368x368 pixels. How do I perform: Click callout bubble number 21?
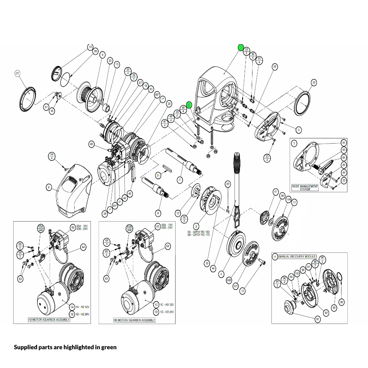point(17,74)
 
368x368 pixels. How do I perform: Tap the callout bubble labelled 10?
point(90,47)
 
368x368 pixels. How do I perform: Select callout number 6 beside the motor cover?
point(48,187)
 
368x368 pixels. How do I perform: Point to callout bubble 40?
point(92,144)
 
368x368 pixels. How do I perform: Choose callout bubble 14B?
point(229,280)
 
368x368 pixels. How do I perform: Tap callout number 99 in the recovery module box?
point(342,302)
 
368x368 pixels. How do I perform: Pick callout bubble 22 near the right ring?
point(314,82)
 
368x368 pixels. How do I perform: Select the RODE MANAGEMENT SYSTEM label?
point(305,187)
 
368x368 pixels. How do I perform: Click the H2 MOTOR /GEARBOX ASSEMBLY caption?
point(49,320)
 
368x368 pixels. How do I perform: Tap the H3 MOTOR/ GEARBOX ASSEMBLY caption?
point(134,320)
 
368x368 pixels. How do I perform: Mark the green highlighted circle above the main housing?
point(241,47)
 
